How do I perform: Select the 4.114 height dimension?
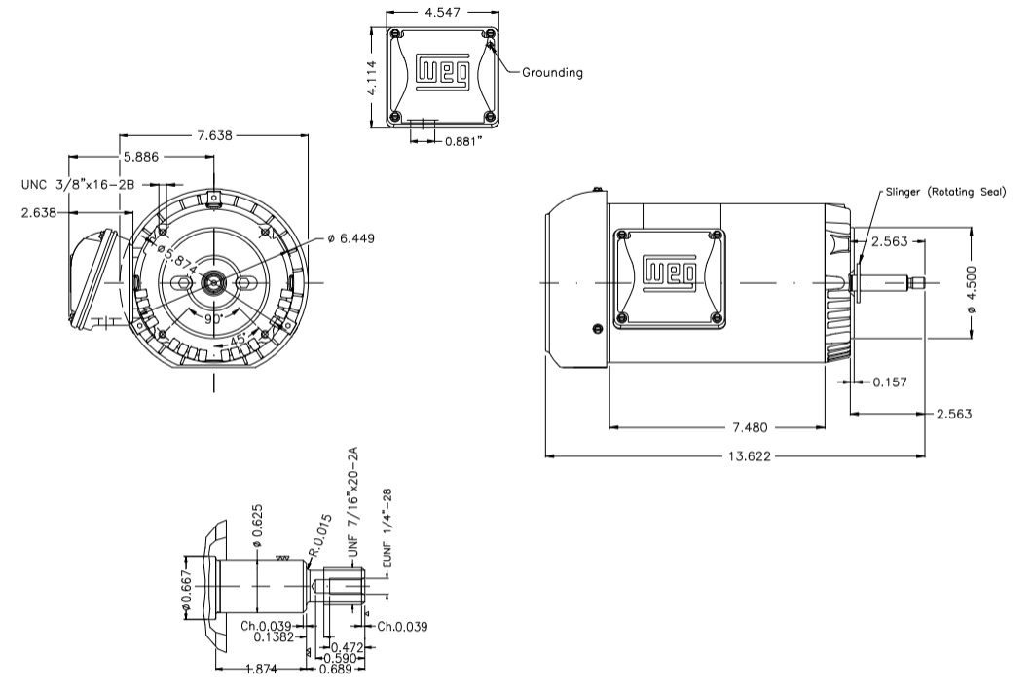[372, 76]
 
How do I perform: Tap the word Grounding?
[552, 72]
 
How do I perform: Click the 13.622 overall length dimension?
[745, 455]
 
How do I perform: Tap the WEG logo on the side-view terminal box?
[669, 273]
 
